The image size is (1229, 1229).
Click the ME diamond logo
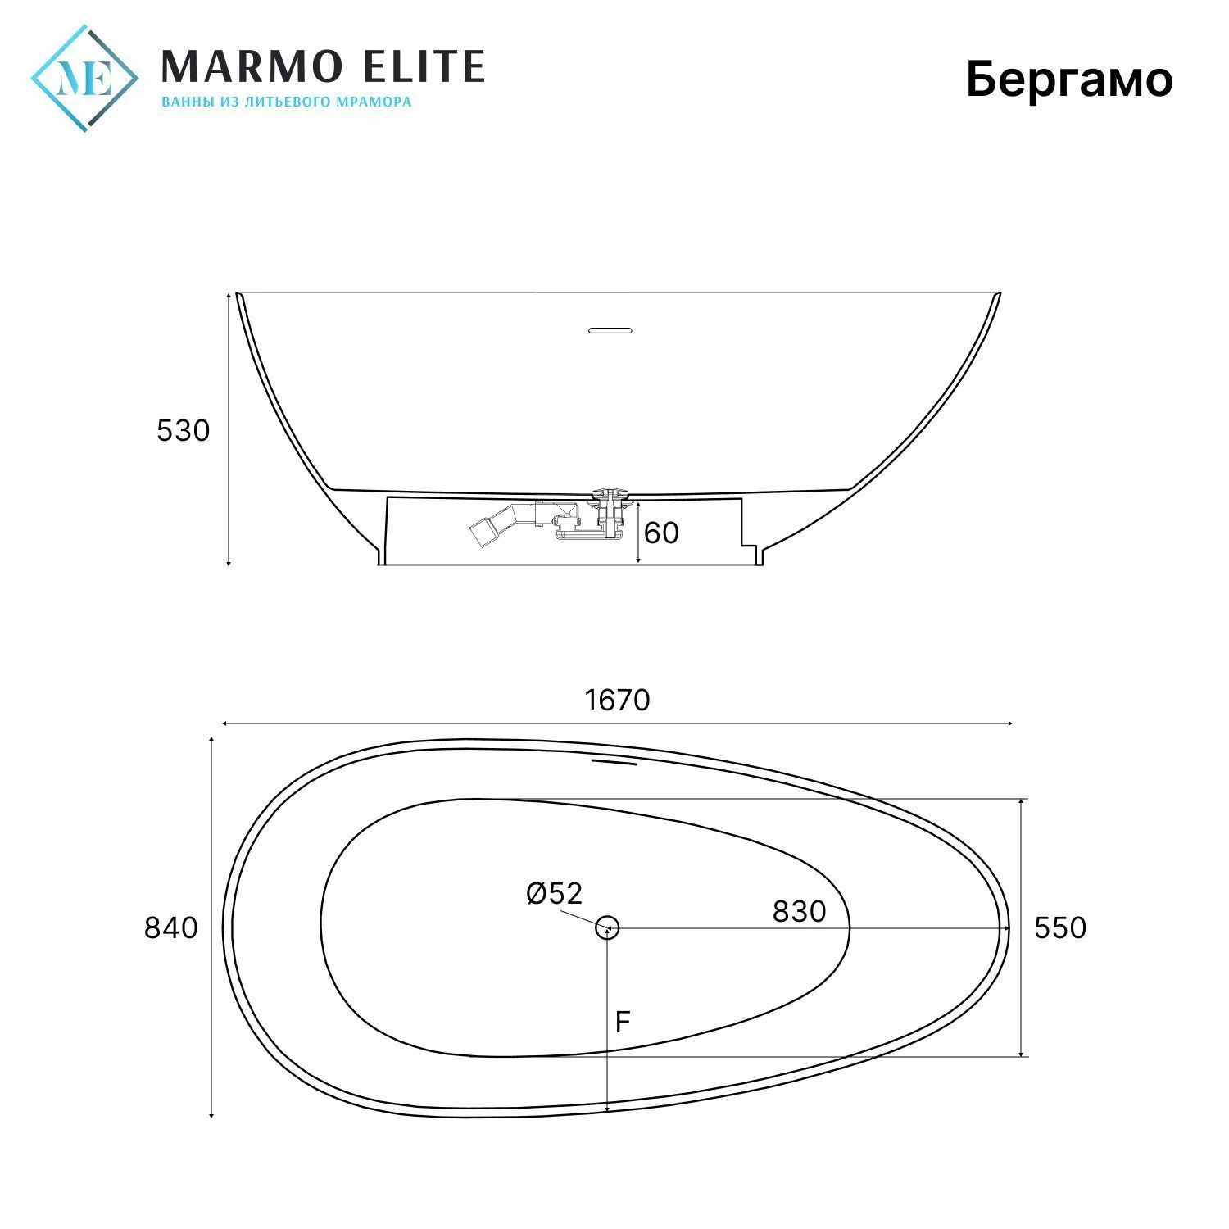click(x=84, y=79)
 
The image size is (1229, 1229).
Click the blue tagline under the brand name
click(x=286, y=102)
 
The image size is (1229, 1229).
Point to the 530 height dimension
click(x=184, y=430)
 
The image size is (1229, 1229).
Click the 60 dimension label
click(x=662, y=533)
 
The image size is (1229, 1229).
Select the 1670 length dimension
click(x=618, y=700)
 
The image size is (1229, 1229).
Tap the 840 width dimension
click(x=171, y=927)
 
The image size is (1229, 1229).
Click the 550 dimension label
click(x=1060, y=927)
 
